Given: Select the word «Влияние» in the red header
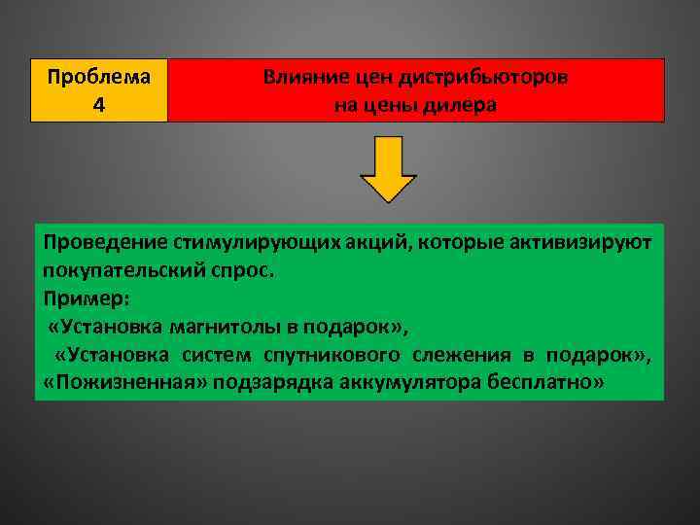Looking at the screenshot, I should pos(301,78).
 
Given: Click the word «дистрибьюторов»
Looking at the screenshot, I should pos(493,78).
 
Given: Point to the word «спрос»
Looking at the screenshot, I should pos(250,269).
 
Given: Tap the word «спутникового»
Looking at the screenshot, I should pos(335,354).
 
